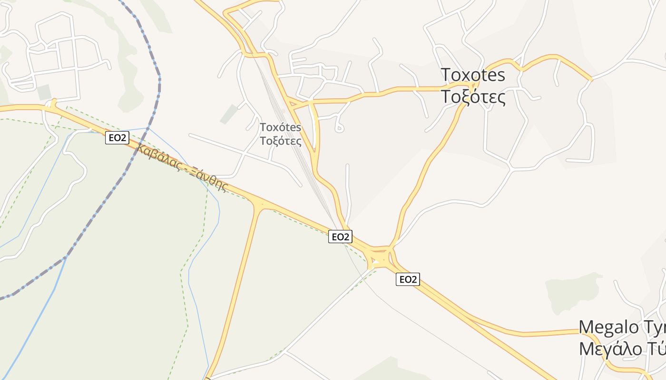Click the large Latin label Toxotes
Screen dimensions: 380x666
472,75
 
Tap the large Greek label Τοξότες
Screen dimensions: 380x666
472,96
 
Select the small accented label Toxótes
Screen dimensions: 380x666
281,127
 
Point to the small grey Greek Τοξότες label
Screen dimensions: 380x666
281,141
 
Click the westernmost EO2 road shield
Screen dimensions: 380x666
117,138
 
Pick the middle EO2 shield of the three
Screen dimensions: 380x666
340,237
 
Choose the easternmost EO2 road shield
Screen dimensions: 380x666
408,280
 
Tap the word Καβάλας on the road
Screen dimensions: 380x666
160,158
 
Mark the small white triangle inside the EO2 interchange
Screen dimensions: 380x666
375,261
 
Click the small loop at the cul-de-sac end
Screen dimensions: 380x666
339,127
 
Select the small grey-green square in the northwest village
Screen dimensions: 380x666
44,92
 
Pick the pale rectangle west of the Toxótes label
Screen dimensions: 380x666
229,114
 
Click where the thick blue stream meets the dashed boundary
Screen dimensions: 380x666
65,258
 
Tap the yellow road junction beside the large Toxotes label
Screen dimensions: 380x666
472,85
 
